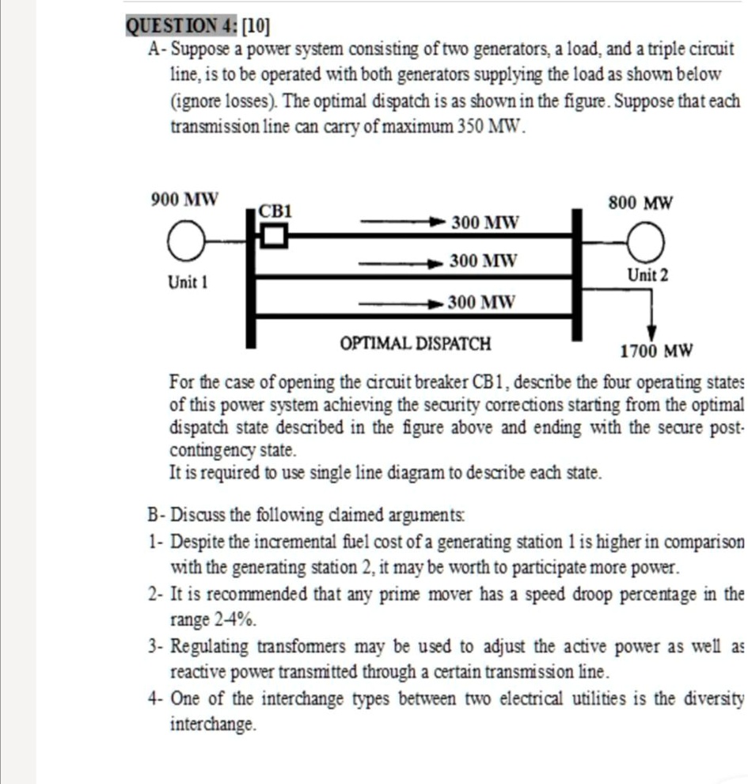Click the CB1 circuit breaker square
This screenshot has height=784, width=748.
[273, 235]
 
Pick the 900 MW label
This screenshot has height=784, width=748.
[184, 198]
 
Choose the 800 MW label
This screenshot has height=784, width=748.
[641, 204]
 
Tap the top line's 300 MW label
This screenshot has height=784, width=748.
[485, 223]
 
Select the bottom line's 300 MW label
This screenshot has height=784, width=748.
[481, 303]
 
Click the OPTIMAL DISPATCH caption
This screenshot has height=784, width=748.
[415, 344]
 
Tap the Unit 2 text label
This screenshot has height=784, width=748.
[647, 276]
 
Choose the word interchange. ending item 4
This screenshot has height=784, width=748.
[214, 724]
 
